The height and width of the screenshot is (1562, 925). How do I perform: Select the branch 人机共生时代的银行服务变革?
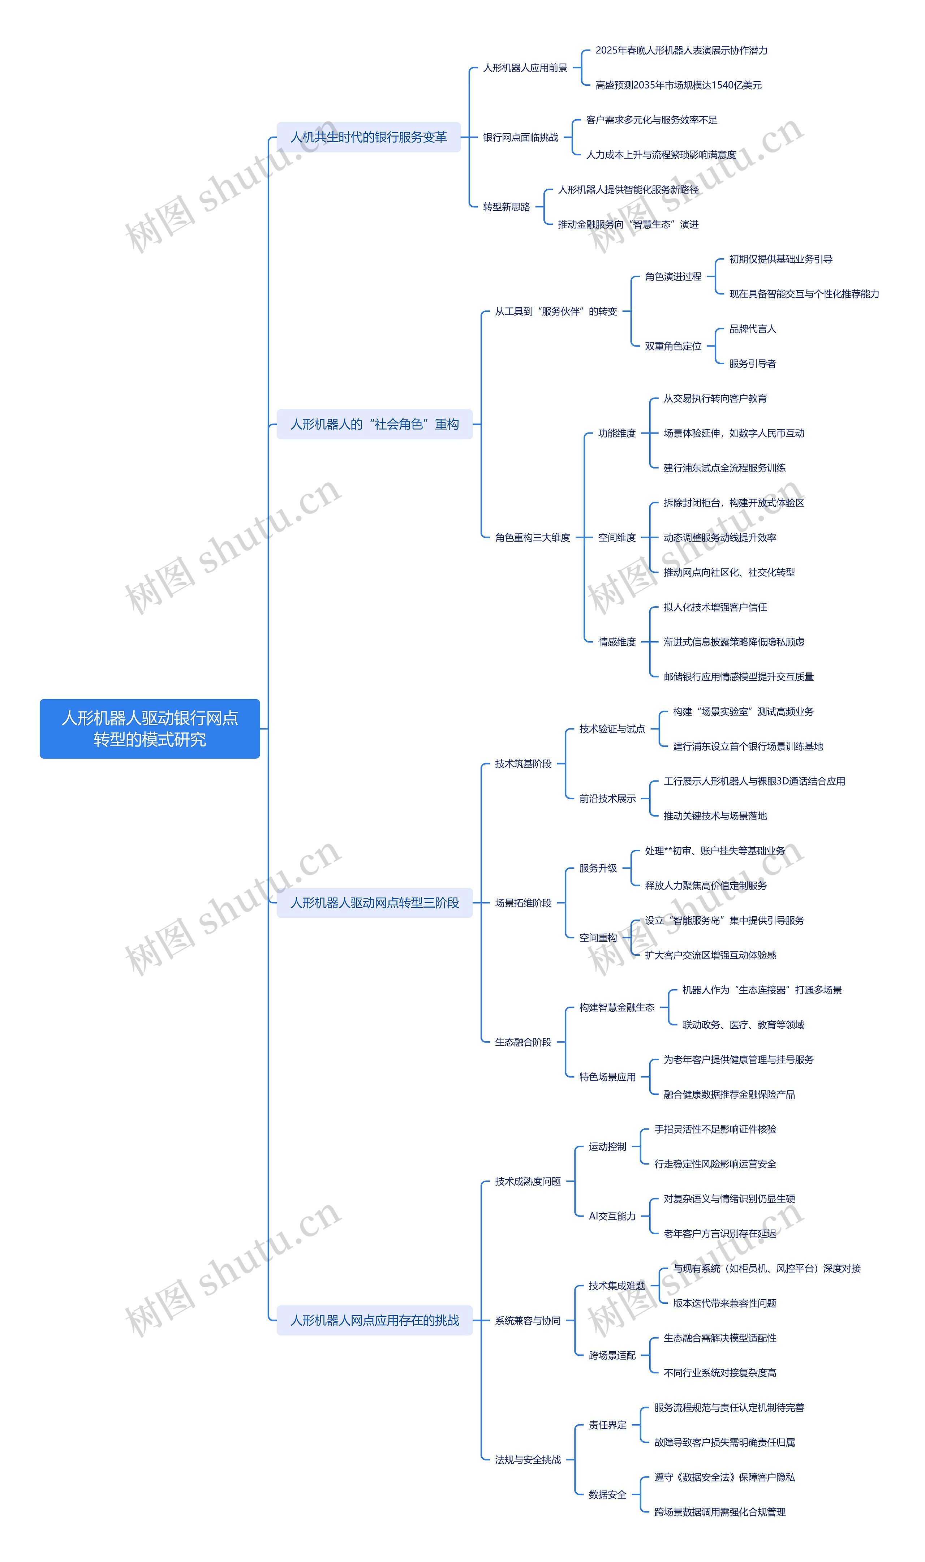369,137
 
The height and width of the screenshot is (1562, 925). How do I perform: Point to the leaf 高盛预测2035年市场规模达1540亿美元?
678,85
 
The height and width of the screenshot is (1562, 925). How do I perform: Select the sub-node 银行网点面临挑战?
520,137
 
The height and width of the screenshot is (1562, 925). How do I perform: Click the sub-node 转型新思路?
506,207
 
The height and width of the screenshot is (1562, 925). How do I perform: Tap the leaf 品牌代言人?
752,328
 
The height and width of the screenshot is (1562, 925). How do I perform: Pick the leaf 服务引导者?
752,363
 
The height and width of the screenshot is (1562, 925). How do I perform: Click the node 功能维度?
616,433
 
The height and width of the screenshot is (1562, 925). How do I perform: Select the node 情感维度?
616,642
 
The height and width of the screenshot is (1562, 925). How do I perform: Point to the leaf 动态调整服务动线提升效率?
719,537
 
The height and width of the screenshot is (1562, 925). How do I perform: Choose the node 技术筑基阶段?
523,763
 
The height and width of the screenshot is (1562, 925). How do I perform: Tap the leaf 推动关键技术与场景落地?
715,816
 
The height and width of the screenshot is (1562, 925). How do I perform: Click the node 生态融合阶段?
523,1042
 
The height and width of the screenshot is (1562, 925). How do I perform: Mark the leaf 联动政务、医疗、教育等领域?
743,1025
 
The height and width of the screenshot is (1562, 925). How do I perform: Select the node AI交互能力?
612,1216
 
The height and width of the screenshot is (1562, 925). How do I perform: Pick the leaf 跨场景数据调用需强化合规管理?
719,1512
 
